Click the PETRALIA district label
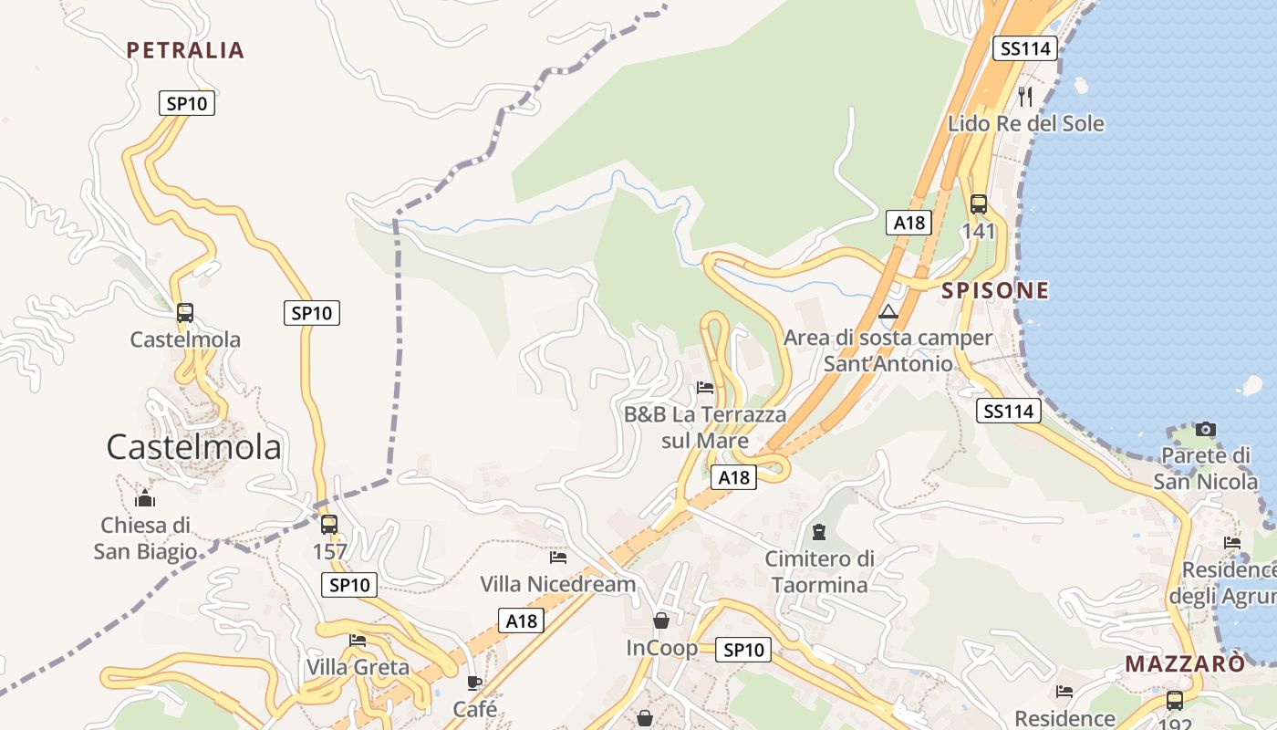coord(185,50)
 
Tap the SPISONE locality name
coord(995,291)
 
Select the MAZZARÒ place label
coord(1184,663)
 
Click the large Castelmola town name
coord(193,447)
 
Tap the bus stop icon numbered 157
coord(329,525)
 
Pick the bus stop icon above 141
coord(979,204)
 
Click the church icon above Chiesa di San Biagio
coord(145,498)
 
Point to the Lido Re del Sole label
coord(1025,123)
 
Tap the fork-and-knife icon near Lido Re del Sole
coord(1025,96)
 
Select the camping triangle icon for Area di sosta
coord(888,312)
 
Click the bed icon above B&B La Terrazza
coord(705,388)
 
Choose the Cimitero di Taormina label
coord(819,571)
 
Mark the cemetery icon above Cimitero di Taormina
coord(819,531)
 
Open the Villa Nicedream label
coord(557,584)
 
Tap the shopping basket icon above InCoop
coord(661,620)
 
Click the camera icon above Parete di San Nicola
coord(1205,429)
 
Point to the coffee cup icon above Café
coord(474,682)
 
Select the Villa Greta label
coord(358,667)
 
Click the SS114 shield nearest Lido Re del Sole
coord(1026,48)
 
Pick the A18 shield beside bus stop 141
coord(909,223)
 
